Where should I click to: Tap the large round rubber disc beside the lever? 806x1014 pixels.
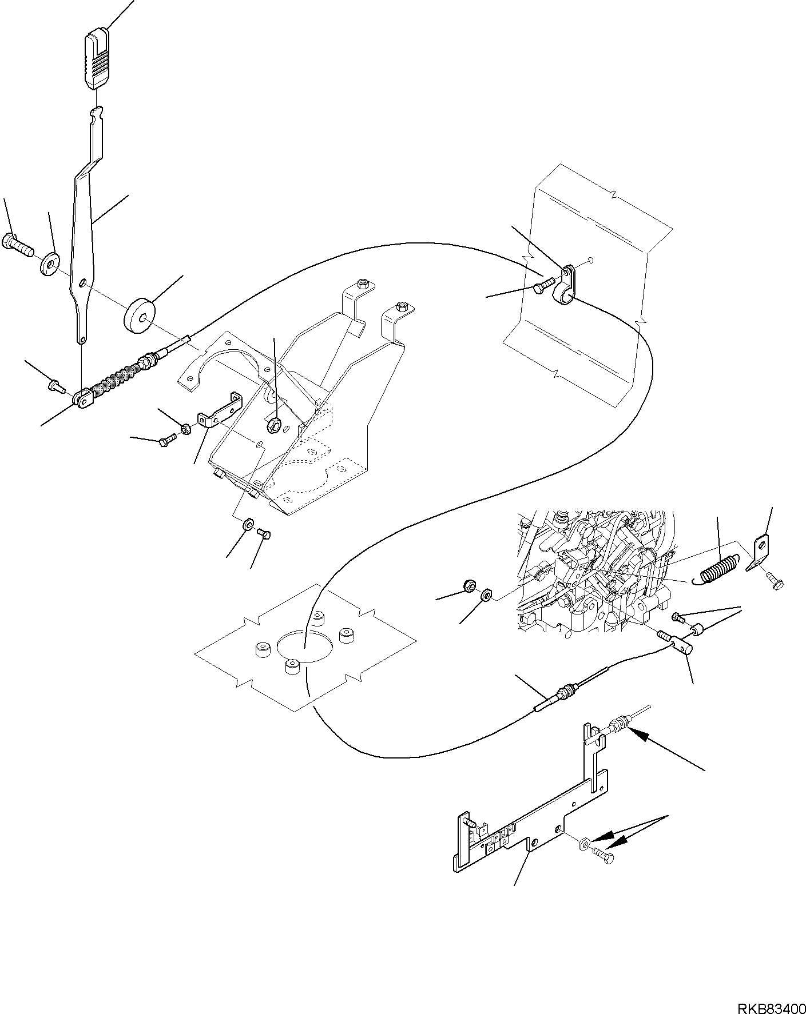[139, 314]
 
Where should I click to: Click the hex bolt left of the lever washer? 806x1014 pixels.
[18, 247]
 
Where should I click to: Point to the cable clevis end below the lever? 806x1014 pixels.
[84, 398]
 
